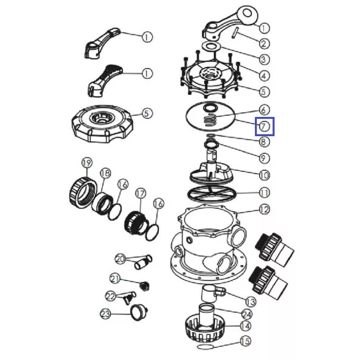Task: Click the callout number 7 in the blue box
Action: (264, 127)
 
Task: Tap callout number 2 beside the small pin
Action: (264, 44)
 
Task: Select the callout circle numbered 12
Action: (264, 210)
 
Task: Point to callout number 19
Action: (87, 163)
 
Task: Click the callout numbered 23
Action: (106, 314)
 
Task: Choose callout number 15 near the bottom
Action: (245, 341)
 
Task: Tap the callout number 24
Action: (247, 314)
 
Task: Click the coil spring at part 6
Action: (210, 120)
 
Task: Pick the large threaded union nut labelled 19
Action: (83, 193)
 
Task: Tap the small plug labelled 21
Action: (144, 287)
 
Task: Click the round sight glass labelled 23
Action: (139, 312)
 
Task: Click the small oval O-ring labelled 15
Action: (206, 346)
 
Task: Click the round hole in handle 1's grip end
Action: (248, 13)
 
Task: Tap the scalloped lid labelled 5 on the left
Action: (103, 124)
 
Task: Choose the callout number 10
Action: (264, 176)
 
